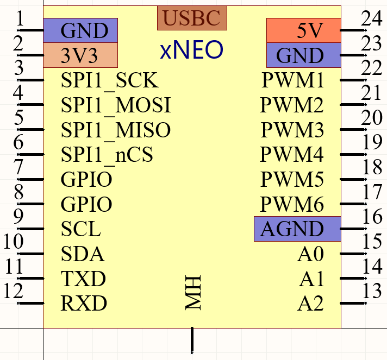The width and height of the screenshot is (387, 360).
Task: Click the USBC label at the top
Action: (192, 18)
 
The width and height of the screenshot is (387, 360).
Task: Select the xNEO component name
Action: (191, 50)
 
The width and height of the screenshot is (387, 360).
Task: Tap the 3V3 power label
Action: (80, 55)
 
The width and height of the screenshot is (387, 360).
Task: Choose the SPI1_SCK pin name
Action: (109, 81)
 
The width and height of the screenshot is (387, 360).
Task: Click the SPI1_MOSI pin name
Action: (116, 105)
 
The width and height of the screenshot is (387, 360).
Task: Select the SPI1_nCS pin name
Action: (107, 155)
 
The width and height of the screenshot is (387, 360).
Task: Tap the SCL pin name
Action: (81, 229)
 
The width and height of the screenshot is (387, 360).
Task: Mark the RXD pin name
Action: (84, 303)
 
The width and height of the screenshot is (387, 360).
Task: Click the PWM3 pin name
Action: (292, 130)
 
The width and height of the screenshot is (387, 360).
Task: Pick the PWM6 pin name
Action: (292, 205)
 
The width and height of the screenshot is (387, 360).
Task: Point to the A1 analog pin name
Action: (311, 279)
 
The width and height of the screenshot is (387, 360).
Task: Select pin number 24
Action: (372, 20)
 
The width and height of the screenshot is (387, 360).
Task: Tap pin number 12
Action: (13, 291)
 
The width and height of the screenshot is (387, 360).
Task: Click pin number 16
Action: (372, 217)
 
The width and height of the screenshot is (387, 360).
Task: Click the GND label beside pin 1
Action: (84, 30)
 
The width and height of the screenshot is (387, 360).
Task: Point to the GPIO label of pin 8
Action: (86, 205)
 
